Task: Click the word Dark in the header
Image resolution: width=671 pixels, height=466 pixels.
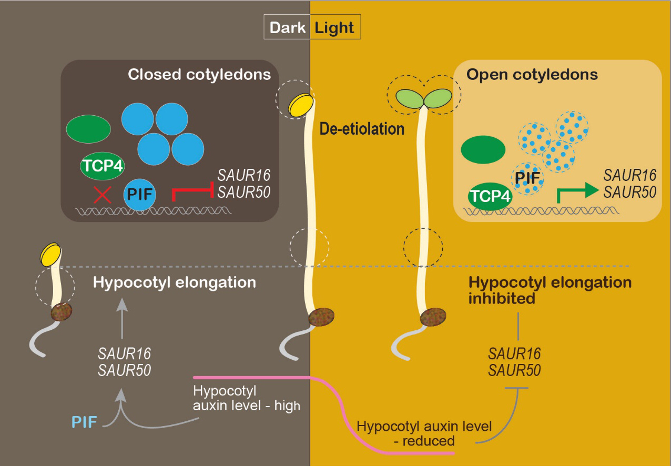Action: (x=288, y=28)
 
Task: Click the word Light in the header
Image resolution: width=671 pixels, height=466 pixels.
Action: (x=334, y=28)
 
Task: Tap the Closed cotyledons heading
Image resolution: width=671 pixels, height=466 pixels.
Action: (x=199, y=74)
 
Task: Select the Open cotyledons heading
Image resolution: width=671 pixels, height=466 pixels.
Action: (x=532, y=74)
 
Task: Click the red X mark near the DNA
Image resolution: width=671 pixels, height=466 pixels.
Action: (x=102, y=195)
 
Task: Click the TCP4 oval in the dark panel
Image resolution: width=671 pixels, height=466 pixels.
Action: (x=102, y=166)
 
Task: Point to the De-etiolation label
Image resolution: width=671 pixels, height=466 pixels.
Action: (x=362, y=128)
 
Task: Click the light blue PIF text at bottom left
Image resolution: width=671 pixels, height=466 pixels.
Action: (x=85, y=421)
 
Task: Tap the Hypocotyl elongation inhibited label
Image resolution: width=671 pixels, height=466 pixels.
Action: (x=550, y=290)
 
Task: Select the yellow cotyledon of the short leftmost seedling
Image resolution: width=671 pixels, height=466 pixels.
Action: (x=51, y=254)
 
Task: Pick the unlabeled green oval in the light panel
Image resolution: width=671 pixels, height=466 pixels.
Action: (x=483, y=150)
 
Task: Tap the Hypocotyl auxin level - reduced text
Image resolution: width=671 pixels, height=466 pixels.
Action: (x=424, y=433)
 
